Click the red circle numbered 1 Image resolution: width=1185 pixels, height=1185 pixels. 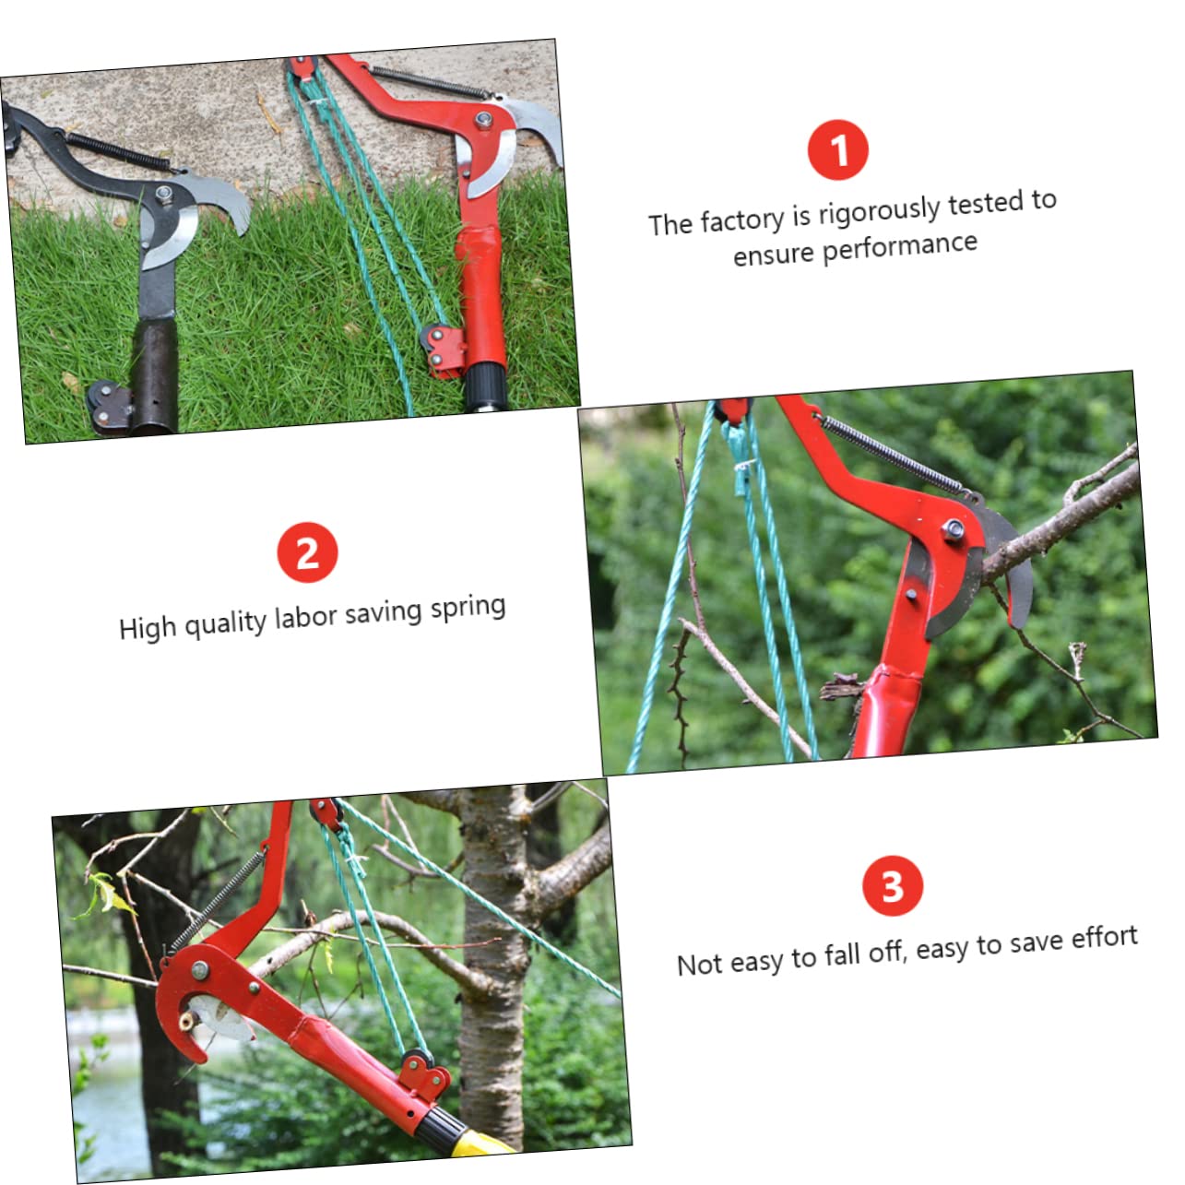click(837, 149)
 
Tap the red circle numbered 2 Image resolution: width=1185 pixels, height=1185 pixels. click(307, 552)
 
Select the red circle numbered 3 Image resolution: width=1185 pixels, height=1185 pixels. click(893, 885)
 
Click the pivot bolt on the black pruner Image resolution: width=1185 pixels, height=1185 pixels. click(163, 195)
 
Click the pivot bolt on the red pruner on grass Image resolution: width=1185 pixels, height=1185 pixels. click(483, 119)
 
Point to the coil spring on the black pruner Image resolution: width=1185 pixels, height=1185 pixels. click(117, 151)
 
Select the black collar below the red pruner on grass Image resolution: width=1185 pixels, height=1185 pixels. click(486, 385)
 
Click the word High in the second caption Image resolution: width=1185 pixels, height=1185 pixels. click(148, 628)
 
